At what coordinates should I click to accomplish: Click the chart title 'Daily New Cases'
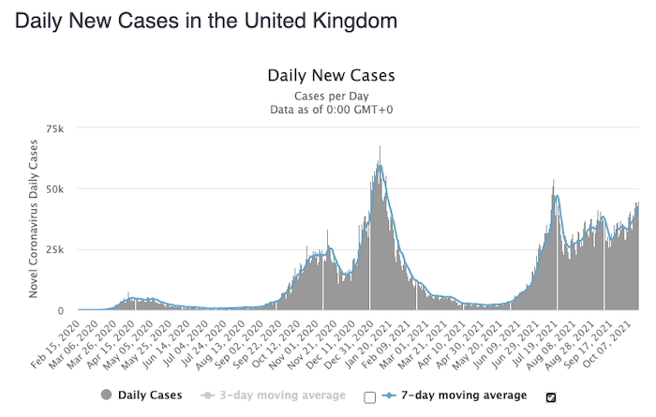pyautogui.click(x=332, y=75)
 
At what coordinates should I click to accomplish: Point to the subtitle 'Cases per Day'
pyautogui.click(x=332, y=95)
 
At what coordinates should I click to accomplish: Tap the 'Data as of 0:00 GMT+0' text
pyautogui.click(x=332, y=110)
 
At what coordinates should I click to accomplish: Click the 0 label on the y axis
pyautogui.click(x=62, y=310)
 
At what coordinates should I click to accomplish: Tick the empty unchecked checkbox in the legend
pyautogui.click(x=370, y=396)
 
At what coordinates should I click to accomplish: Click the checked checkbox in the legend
pyautogui.click(x=551, y=396)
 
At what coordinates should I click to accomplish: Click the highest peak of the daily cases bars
pyautogui.click(x=380, y=148)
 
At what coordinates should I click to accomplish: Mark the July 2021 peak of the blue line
pyautogui.click(x=558, y=196)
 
